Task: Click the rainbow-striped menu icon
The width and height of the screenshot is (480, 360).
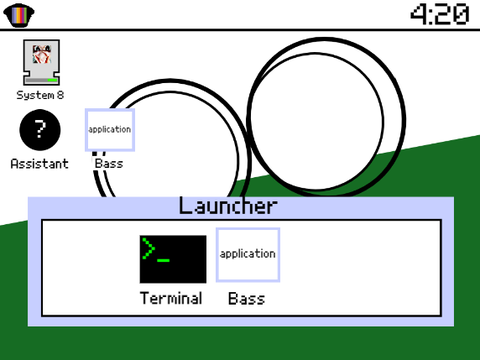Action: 19,15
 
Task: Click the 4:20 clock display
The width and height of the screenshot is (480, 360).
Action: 440,14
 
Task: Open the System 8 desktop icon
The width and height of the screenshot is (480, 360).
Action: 41,62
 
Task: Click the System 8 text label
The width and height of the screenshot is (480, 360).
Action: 40,95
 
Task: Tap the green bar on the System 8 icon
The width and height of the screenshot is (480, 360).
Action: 52,80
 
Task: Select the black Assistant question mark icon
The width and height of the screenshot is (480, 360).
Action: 40,130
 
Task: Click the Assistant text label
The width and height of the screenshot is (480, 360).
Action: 40,164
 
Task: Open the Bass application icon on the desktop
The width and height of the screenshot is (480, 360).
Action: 110,130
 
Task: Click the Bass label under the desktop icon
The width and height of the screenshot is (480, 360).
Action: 109,164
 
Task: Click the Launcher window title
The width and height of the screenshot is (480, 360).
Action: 228,206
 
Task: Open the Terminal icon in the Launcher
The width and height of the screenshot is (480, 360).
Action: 173,259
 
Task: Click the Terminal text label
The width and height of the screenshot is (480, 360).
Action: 171,298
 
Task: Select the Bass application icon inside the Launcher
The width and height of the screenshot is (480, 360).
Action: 248,255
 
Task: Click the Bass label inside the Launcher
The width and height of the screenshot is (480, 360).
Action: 246,299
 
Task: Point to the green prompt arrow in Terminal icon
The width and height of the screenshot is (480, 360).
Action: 148,248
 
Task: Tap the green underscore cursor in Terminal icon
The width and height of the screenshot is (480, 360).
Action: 163,260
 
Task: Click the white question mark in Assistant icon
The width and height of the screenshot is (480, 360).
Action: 40,129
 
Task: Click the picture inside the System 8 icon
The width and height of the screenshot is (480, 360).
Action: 42,54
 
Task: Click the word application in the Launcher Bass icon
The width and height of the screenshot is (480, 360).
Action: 248,254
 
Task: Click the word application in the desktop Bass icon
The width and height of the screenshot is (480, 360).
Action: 110,129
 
